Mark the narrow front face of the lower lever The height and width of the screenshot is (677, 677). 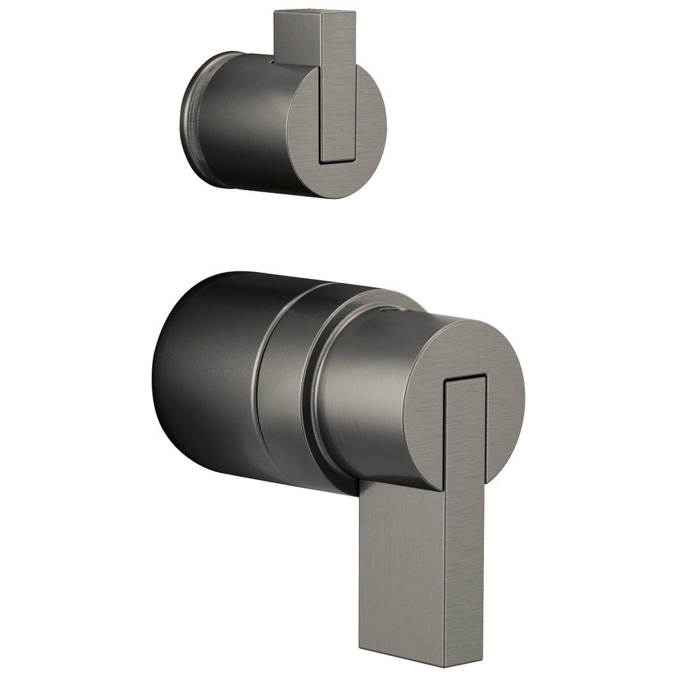pos(465,528)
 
